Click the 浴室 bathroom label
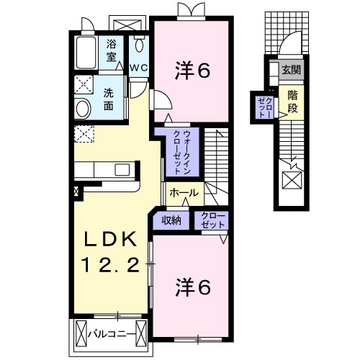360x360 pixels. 112,50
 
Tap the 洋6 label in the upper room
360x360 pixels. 192,70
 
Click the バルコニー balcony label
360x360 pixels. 109,333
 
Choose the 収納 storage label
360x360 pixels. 171,220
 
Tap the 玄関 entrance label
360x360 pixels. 291,70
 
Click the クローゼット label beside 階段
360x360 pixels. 264,106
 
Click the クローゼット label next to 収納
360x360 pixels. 212,220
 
